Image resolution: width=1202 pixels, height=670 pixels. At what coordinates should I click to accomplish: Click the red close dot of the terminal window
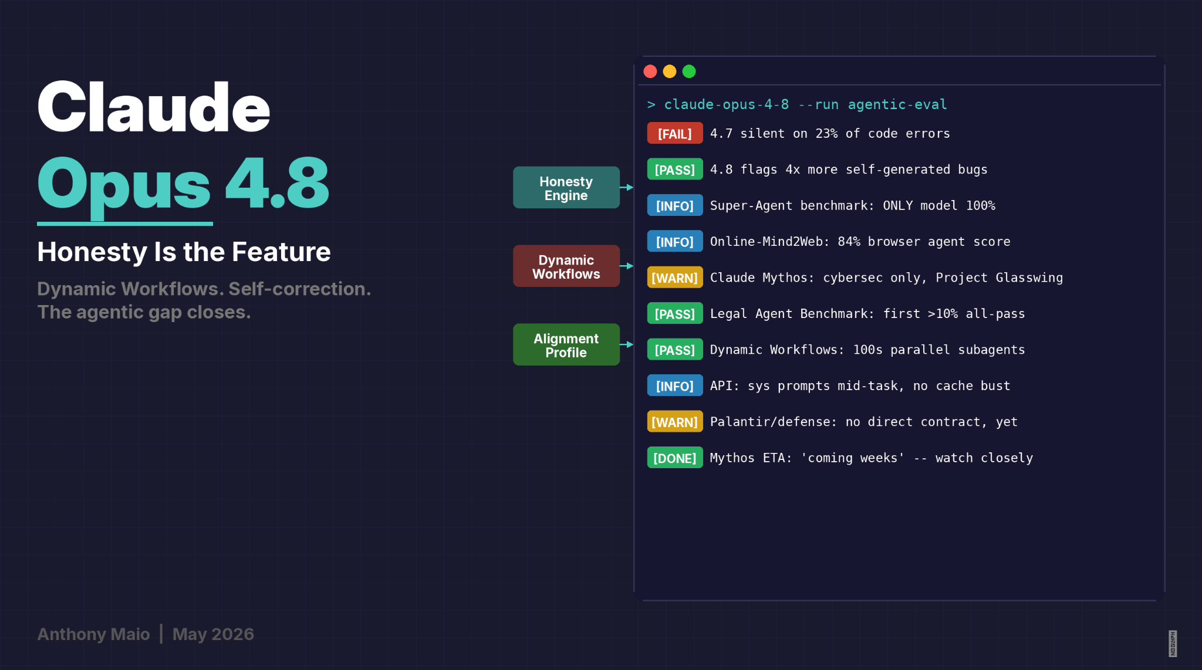tap(650, 72)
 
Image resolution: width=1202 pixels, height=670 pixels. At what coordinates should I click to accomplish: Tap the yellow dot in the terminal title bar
tap(670, 72)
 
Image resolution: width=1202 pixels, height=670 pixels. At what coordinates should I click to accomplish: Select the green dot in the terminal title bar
tap(689, 72)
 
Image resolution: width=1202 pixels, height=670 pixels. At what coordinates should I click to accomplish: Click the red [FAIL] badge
tap(675, 134)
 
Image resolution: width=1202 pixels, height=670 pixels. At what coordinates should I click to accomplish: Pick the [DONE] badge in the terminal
tap(675, 458)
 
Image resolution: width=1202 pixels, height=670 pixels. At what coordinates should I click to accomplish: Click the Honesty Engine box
tap(566, 188)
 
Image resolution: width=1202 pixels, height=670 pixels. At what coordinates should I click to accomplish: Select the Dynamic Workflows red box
tap(566, 266)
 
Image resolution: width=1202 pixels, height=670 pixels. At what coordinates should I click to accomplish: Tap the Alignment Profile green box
tap(566, 345)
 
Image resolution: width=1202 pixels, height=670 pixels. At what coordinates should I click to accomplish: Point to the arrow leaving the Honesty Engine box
tap(627, 188)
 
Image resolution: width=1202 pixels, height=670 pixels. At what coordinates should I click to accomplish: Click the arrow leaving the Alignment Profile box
tap(627, 345)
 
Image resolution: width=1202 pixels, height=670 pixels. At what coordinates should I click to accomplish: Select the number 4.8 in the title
tap(277, 183)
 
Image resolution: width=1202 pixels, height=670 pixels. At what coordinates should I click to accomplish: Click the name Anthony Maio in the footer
tap(93, 634)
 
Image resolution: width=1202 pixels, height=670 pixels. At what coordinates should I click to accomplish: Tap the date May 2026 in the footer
tap(213, 634)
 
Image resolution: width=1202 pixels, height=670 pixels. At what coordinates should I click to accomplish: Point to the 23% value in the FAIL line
tap(826, 134)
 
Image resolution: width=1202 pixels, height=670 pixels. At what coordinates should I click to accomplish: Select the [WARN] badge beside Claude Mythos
tap(675, 278)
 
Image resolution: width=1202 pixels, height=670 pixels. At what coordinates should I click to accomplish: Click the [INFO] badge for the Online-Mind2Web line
tap(675, 242)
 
